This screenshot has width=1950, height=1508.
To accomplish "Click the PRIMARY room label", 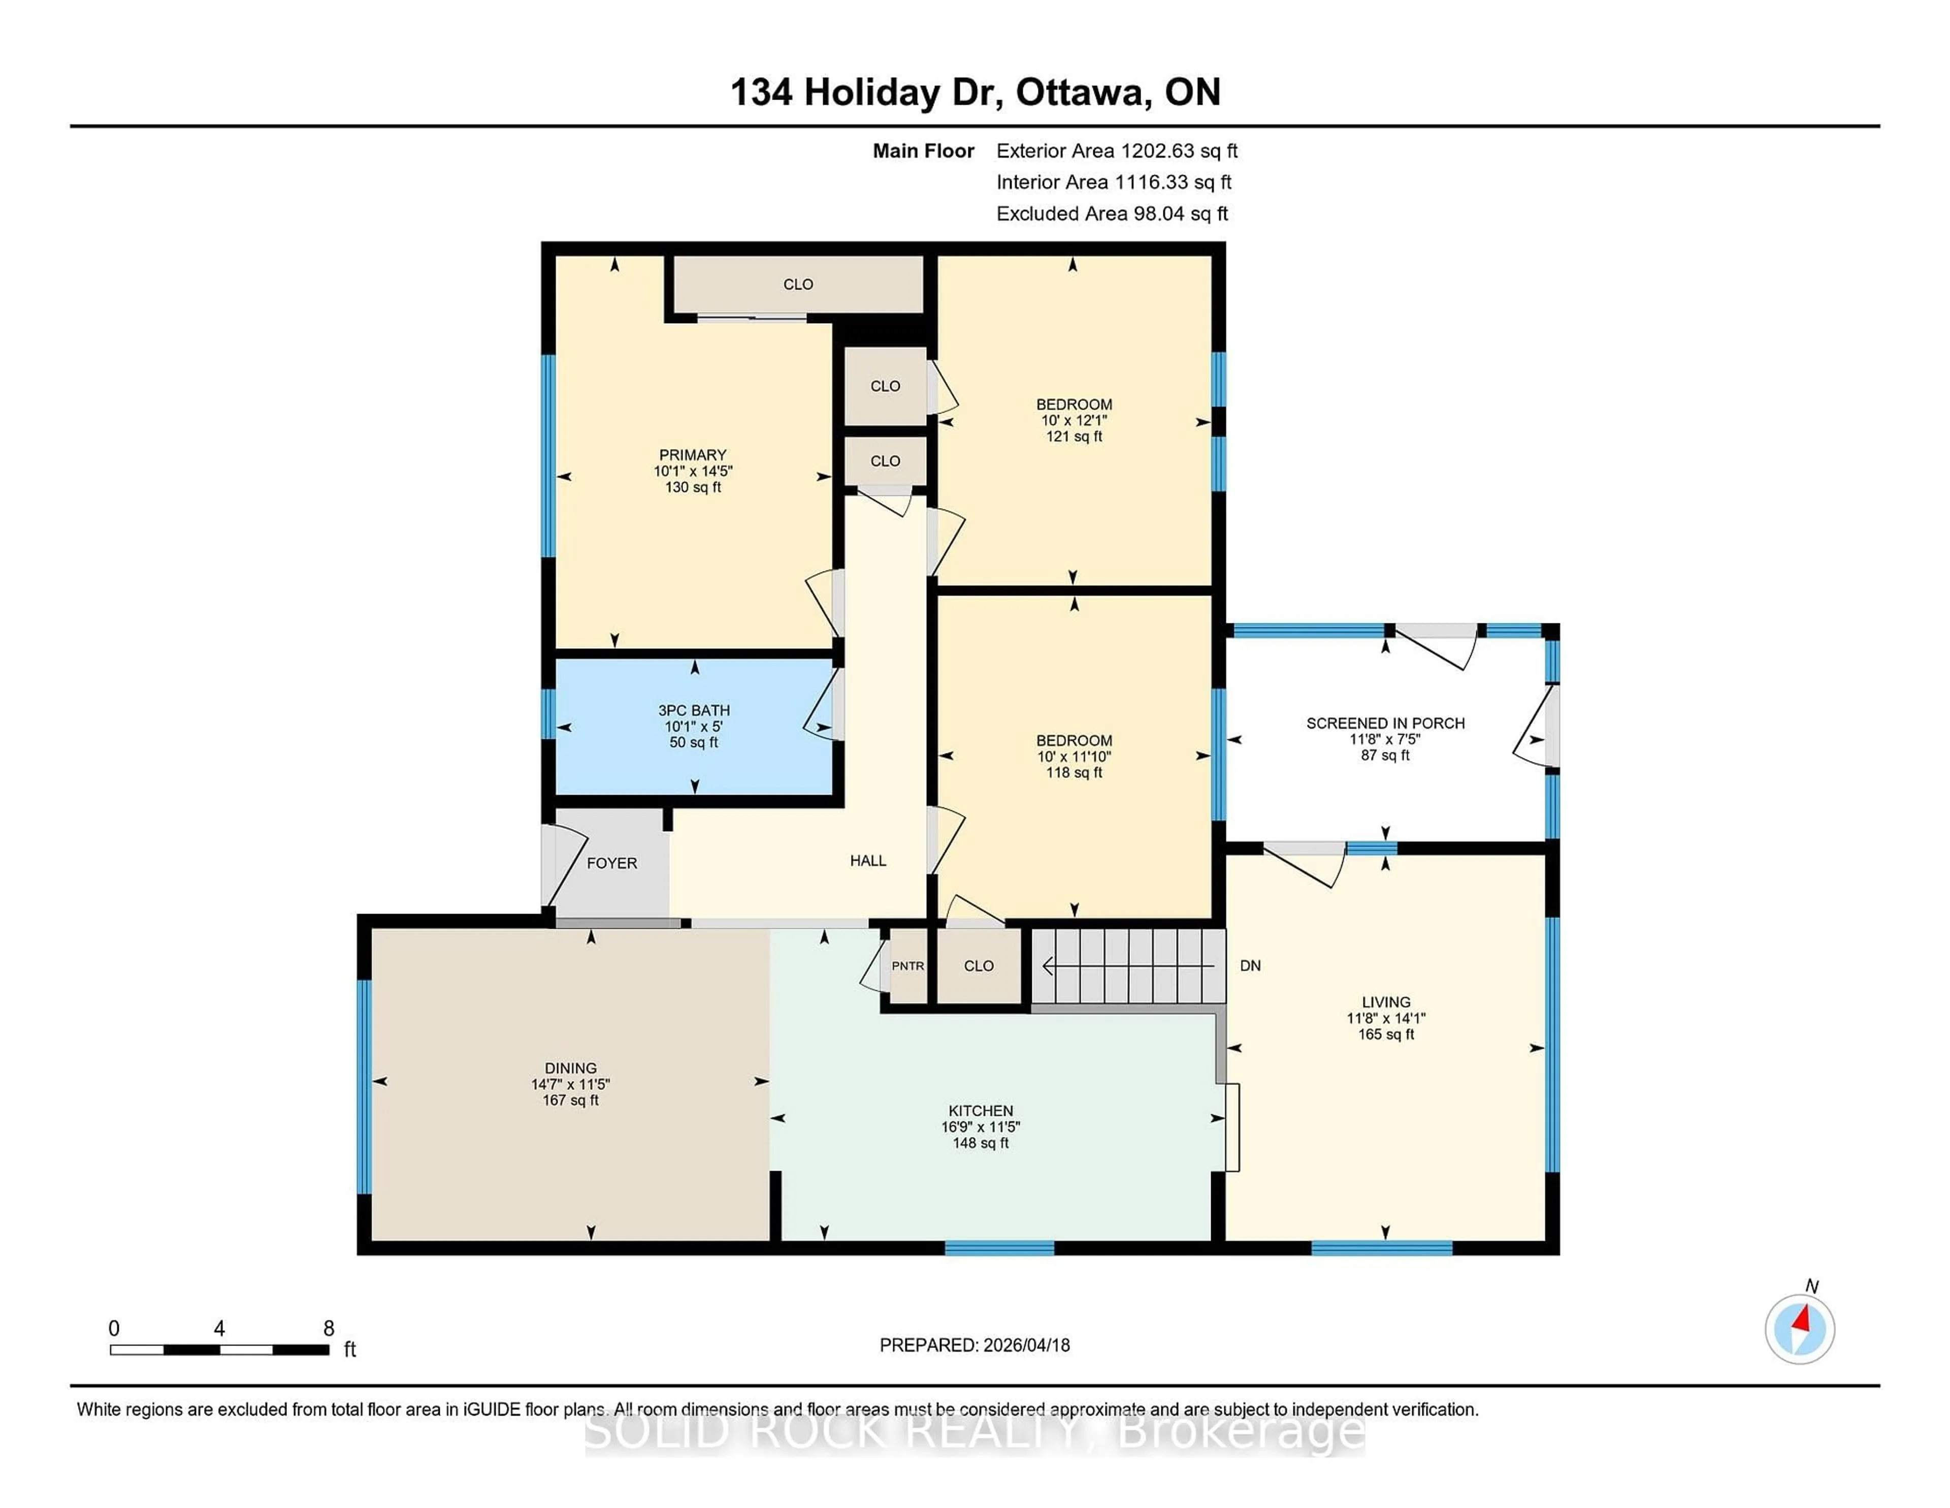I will coord(692,455).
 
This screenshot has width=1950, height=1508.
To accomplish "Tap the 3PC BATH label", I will coord(694,710).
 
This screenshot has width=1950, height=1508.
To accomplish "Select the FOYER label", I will coord(611,863).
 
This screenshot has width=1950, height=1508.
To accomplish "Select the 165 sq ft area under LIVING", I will coord(1386,1034).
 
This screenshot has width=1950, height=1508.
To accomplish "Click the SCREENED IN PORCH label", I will coord(1385,722).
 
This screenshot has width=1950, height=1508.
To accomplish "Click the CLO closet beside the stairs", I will coord(979,966).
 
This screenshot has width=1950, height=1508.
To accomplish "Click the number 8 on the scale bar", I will coord(329,1329).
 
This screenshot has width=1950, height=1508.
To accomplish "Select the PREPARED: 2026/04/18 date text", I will coord(974,1344).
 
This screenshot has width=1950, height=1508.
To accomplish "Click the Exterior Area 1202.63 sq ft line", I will coord(1116,151).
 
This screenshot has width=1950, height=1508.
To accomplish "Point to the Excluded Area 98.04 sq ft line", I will coord(1112,213).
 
